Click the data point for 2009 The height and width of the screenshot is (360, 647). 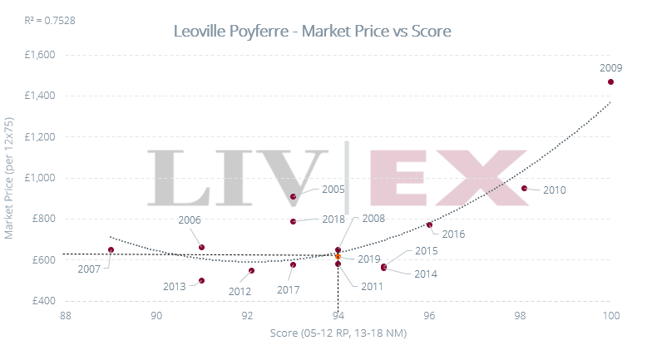[x=610, y=81]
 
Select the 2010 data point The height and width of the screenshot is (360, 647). [x=524, y=189]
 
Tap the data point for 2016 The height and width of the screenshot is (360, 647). [x=429, y=225]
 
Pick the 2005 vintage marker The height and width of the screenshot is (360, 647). [x=294, y=197]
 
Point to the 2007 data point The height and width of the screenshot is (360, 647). [x=111, y=249]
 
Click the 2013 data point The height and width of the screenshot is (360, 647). [x=201, y=281]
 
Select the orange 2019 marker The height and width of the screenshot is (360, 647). [x=338, y=257]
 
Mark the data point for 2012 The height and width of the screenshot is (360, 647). [x=252, y=270]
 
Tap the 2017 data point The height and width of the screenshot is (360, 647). [x=293, y=264]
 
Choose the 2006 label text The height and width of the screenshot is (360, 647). [x=190, y=220]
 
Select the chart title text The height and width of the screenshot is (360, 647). [x=312, y=32]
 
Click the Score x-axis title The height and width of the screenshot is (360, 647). [x=338, y=333]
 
